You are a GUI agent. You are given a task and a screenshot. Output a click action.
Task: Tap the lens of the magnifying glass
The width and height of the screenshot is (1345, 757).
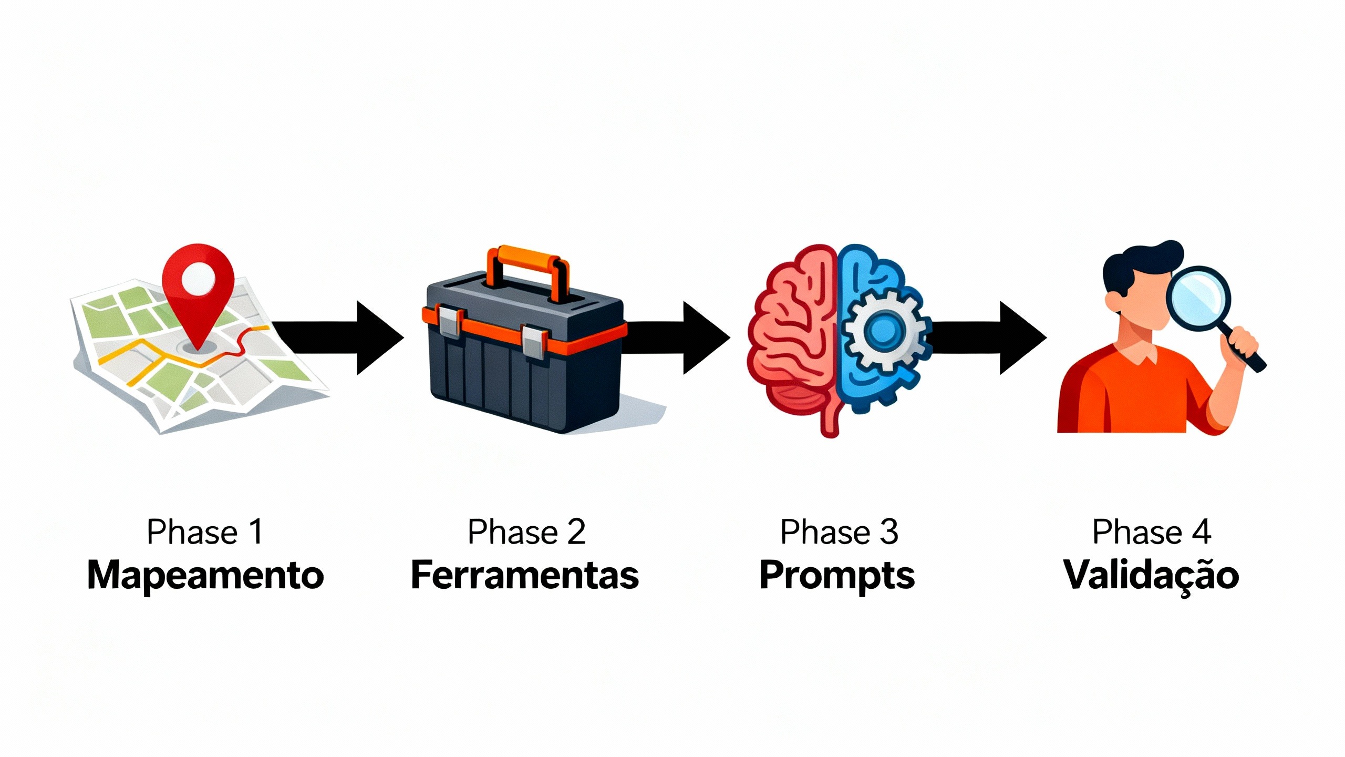click(1198, 297)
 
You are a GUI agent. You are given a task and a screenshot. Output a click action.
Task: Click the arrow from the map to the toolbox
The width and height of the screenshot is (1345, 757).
click(342, 337)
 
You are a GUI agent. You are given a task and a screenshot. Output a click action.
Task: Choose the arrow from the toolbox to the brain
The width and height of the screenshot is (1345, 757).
click(678, 337)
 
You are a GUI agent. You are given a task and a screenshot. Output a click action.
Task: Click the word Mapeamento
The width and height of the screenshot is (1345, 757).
click(205, 576)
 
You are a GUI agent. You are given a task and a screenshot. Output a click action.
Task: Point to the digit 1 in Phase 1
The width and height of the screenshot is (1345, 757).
click(256, 532)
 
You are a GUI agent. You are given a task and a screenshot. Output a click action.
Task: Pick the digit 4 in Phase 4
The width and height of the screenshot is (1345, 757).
click(1202, 532)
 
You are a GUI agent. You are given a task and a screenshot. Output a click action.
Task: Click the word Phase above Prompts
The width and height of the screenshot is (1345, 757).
click(825, 532)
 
